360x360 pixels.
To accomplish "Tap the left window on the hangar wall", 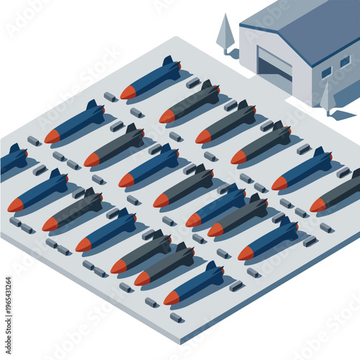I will click(x=326, y=72).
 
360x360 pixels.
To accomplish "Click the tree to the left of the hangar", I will click(x=225, y=32).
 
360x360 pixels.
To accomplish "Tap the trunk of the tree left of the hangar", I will click(x=227, y=51).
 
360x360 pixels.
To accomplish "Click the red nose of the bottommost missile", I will click(x=171, y=297).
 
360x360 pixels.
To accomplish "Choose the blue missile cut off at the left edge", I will click(x=12, y=159).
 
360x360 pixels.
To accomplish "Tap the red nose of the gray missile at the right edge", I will click(x=318, y=205).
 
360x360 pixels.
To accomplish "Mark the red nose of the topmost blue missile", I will click(x=127, y=92).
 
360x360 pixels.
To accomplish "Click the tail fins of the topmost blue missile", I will click(x=170, y=66).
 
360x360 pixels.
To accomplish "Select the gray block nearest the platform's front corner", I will click(x=176, y=317).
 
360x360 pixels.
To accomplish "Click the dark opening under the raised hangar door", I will click(x=274, y=70).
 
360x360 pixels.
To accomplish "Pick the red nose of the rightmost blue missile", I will click(x=279, y=184).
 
